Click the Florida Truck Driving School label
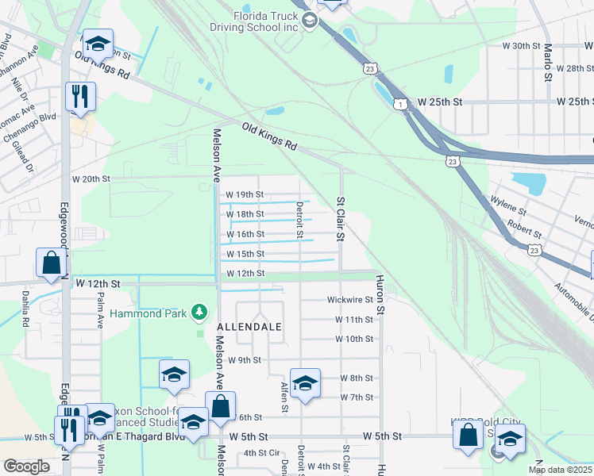coord(265,21)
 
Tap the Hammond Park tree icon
coord(202,313)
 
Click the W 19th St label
coord(245,194)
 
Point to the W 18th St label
coord(245,214)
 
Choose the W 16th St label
coord(245,234)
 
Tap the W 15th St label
coord(245,254)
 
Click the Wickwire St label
coord(350,300)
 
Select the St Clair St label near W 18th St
coord(341,219)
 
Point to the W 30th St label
coord(521,46)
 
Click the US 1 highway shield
coord(402,104)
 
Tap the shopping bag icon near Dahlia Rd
coord(51,262)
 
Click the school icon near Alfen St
coord(305,384)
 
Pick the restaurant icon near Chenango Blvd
coord(80,97)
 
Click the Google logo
coord(26,467)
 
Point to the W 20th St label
coord(91,178)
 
